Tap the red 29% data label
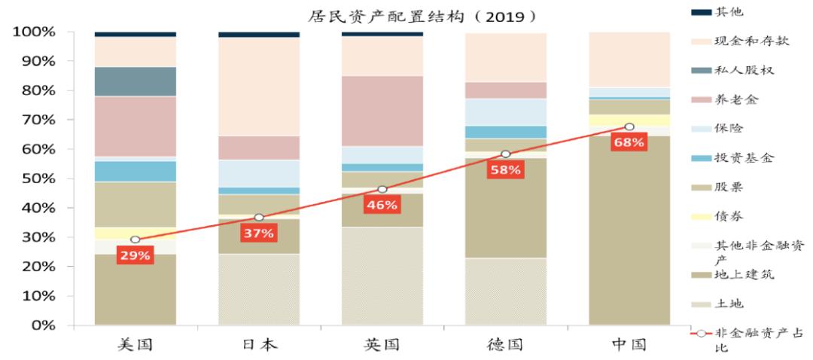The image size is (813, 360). [x=135, y=255]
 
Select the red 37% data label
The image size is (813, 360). [x=258, y=233]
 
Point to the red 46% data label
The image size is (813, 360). [x=382, y=205]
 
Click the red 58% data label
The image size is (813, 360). [x=505, y=169]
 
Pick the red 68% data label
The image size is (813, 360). [x=629, y=142]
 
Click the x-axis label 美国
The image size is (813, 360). [x=135, y=345]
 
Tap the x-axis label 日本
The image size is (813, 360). [x=259, y=345]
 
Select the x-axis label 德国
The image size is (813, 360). [x=505, y=345]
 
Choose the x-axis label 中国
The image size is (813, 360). [x=629, y=345]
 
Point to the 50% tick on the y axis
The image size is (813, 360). [x=33, y=178]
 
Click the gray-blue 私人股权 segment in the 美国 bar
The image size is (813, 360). [x=135, y=81]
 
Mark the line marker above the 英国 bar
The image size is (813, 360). [x=382, y=190]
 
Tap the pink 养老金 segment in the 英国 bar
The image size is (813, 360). [x=382, y=111]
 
